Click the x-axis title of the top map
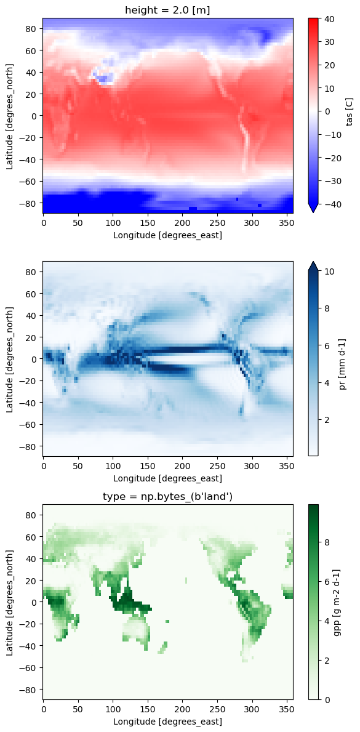168,235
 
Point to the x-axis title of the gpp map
168,721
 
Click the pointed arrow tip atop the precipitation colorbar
313,262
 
